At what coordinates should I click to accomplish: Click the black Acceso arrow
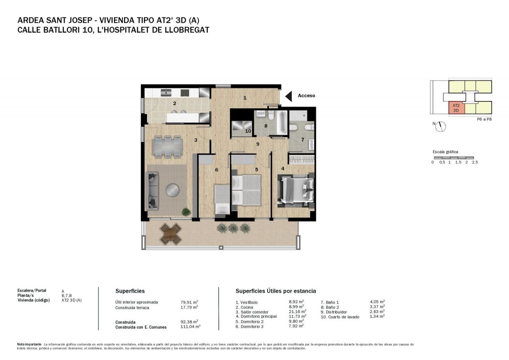pos(289,96)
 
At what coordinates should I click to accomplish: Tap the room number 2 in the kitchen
pos(175,103)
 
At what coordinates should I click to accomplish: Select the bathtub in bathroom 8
pos(282,123)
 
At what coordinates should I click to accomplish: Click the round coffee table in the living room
pos(173,190)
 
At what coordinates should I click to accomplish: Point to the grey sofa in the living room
pos(152,191)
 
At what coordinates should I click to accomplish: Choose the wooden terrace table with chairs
pos(171,234)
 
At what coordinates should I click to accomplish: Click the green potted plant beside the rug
pos(187,212)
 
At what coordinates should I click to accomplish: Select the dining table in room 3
pos(167,147)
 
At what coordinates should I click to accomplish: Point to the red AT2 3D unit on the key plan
pos(457,108)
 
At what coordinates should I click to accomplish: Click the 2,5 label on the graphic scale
pos(475,162)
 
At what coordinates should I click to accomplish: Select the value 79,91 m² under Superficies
pos(189,302)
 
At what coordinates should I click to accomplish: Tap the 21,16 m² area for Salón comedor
pos(297,311)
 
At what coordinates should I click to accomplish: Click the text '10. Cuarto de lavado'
pos(340,317)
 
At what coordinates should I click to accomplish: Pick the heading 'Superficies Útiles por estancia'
pos(276,291)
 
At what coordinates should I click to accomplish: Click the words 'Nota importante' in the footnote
pos(29,344)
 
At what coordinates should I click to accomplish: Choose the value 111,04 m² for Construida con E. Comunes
pos(190,327)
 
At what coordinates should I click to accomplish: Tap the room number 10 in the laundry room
pos(248,131)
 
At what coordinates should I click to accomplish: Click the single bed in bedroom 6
pos(222,200)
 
